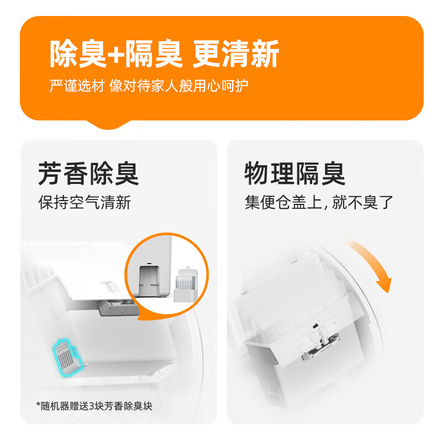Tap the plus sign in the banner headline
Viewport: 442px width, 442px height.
click(x=115, y=55)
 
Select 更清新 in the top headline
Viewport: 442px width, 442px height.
click(x=236, y=54)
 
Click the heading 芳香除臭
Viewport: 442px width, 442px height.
click(x=88, y=173)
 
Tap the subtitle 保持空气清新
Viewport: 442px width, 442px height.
click(x=85, y=202)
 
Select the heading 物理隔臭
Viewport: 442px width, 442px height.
click(x=295, y=173)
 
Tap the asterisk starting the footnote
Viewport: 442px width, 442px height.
click(x=39, y=406)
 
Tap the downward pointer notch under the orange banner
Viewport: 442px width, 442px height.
click(x=114, y=125)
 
